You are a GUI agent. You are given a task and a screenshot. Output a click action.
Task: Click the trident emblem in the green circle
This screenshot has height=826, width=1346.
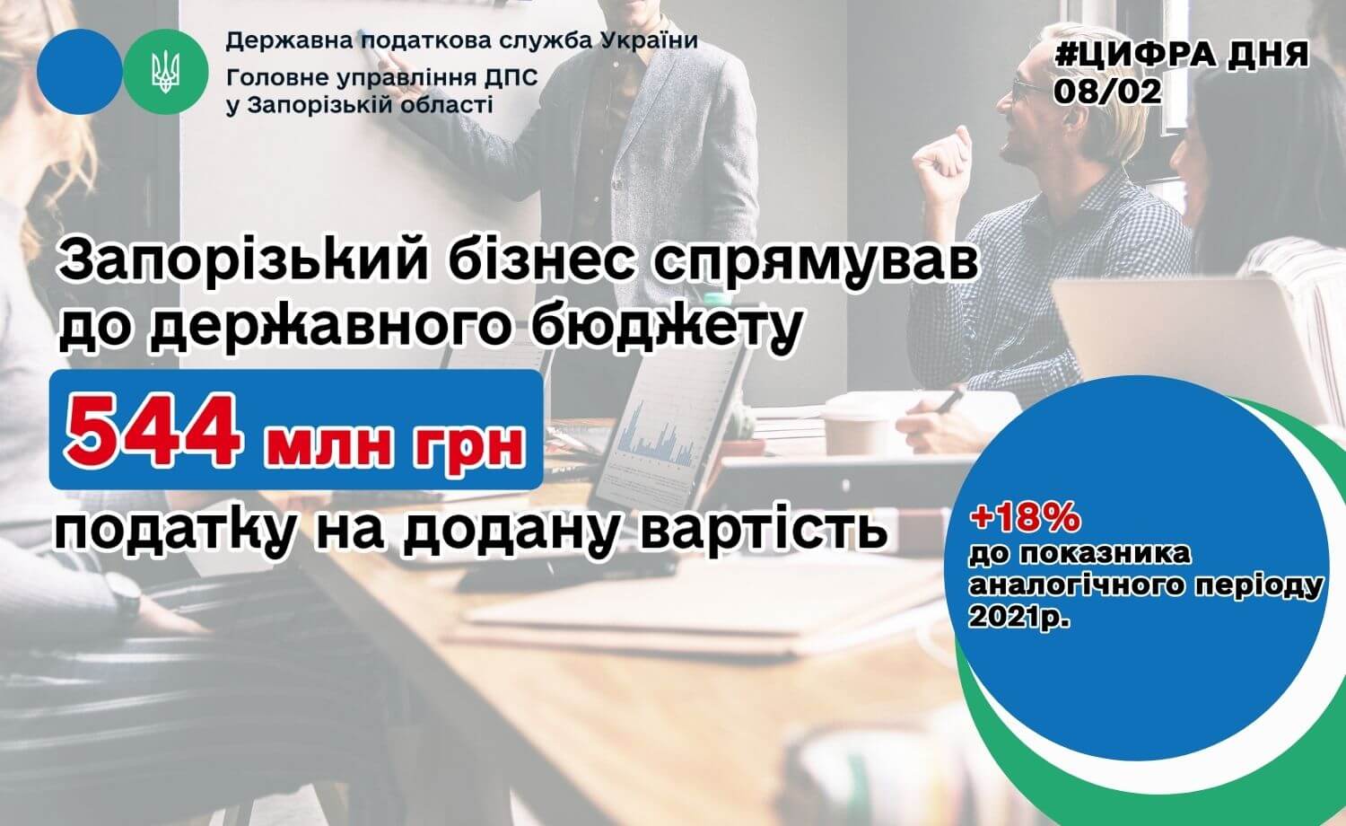[x=165, y=72]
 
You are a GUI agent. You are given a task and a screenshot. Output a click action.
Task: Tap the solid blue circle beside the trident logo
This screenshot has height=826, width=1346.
[x=79, y=72]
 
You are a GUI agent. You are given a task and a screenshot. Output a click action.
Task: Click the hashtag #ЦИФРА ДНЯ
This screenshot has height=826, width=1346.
[x=1182, y=56]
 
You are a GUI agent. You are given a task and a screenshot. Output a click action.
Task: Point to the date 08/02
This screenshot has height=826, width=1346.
[x=1107, y=92]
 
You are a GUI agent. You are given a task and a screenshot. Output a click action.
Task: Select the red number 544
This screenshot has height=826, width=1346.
[x=153, y=430]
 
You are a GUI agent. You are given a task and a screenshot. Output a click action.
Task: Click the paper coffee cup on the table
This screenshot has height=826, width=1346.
[x=857, y=432]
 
